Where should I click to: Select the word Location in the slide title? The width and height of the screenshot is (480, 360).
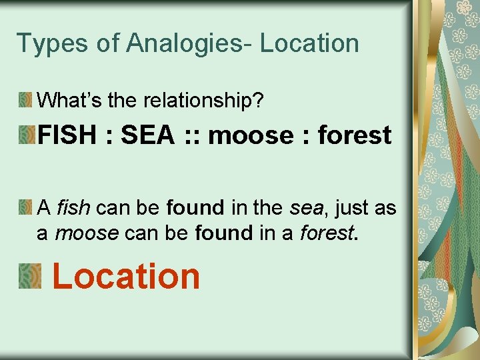309,43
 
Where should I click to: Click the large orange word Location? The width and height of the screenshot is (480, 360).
126,276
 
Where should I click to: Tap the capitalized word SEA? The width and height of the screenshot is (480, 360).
147,135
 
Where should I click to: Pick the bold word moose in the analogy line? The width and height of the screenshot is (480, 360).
249,136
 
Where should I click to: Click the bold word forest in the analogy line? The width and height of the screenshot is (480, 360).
354,135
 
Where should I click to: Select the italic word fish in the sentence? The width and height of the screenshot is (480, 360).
74,209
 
